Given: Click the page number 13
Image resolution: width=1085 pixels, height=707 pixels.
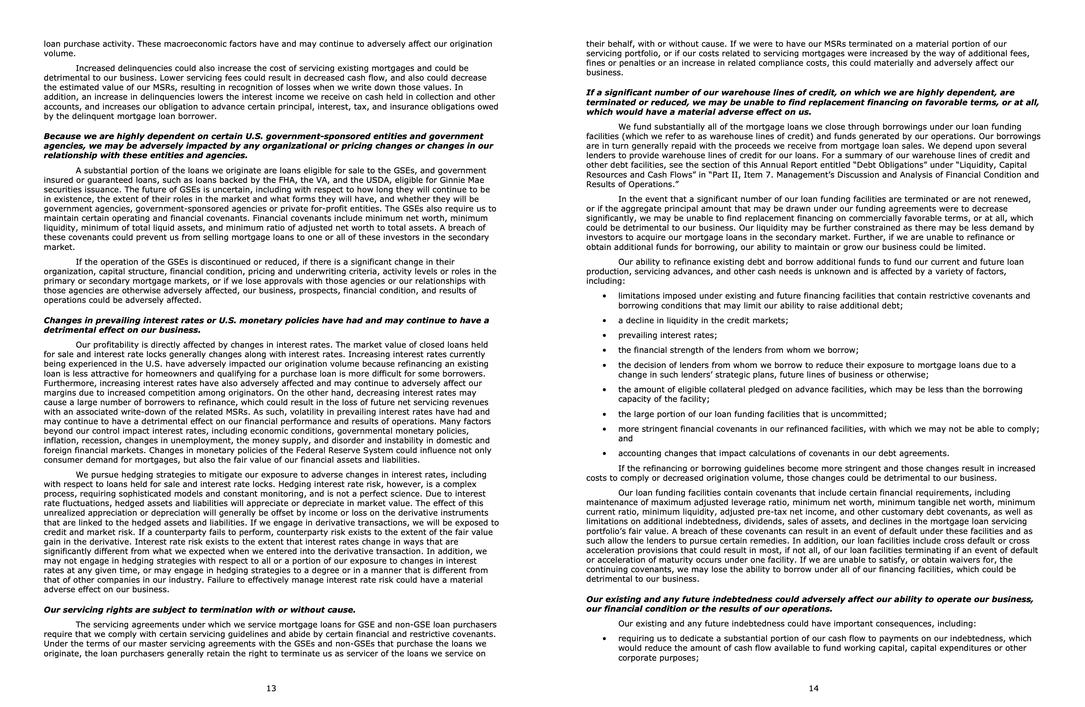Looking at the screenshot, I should pos(271,688).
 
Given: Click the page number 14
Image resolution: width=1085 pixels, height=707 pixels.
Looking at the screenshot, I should pos(814,688).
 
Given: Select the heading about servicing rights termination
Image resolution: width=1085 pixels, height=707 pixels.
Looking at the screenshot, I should pos(199,610).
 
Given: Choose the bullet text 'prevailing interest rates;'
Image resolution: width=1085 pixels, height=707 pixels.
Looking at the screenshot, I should pos(667,335).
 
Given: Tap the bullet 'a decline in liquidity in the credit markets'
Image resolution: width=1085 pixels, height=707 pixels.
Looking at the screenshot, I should pos(703,321).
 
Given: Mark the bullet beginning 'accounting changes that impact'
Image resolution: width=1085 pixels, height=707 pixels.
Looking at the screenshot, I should pos(783,453).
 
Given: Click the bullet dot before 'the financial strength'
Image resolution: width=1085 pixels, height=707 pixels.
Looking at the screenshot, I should pos(605,351).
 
